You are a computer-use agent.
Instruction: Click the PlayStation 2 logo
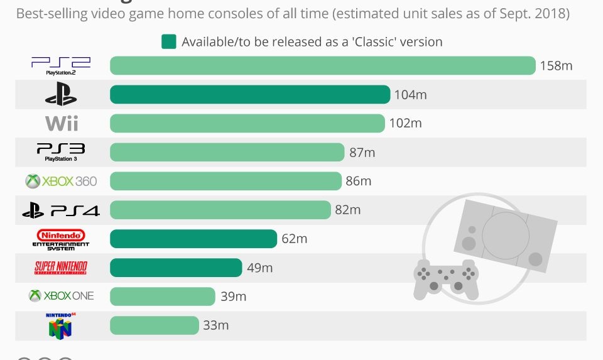(61, 65)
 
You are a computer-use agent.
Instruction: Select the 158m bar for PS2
(322, 65)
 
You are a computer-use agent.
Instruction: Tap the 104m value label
(410, 95)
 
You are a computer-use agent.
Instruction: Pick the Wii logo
(62, 123)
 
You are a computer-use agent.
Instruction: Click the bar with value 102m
(247, 123)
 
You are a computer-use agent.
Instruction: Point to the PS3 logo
(61, 152)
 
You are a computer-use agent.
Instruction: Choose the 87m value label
(362, 153)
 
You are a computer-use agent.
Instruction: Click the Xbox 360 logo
(61, 182)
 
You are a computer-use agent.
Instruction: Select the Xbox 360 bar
(225, 181)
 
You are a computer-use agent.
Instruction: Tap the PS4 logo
(61, 210)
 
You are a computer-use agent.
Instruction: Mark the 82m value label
(348, 210)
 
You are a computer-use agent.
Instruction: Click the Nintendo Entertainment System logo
(61, 239)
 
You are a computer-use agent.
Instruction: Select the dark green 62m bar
(193, 239)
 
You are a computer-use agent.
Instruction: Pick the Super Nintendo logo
(61, 268)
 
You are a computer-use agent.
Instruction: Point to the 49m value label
(259, 268)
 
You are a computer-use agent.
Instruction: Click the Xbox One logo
(61, 295)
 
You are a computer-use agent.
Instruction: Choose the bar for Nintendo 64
(154, 325)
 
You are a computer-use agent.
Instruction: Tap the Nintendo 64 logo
(60, 325)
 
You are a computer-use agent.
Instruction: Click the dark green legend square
(168, 42)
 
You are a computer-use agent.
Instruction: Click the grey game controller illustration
(446, 277)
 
